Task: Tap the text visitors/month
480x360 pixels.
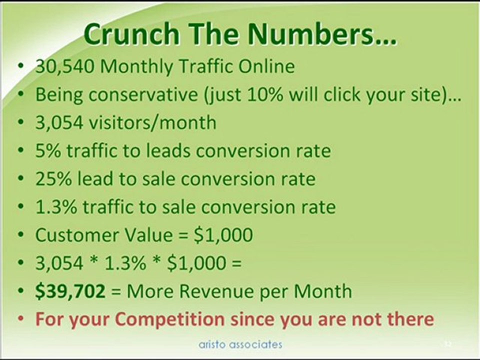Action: pyautogui.click(x=152, y=123)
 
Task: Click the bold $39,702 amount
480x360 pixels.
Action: pyautogui.click(x=70, y=291)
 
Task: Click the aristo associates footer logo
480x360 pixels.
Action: pyautogui.click(x=239, y=344)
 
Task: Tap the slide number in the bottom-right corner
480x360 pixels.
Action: pyautogui.click(x=447, y=344)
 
